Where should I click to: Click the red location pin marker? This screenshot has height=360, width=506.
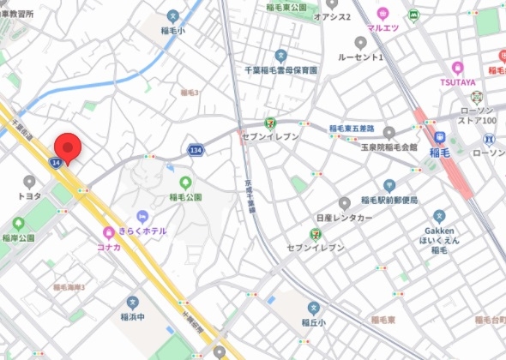67,147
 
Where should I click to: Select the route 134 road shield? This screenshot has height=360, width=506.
196,151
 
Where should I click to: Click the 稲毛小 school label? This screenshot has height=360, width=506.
173,32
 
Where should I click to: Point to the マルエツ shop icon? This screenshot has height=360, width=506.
383,14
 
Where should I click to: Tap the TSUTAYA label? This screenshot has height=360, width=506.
458,82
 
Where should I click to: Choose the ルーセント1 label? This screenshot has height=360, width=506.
360,57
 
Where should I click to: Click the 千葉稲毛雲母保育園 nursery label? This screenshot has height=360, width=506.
281,70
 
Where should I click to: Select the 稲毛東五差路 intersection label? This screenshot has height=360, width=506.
352,129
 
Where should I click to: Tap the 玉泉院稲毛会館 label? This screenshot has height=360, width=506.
389,147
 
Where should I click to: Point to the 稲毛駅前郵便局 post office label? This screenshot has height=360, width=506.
389,200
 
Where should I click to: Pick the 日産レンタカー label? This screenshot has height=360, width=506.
344,219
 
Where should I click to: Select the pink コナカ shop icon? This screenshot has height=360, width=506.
109,232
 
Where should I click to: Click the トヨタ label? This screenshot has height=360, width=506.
30,195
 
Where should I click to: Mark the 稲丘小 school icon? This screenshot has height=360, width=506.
313,308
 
